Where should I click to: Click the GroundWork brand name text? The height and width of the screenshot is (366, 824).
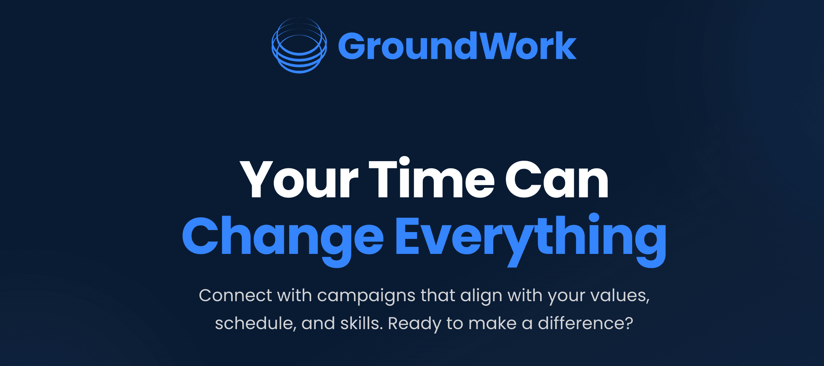(457, 46)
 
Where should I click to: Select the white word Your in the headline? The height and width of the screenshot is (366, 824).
(299, 179)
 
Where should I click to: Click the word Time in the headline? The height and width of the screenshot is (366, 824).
(431, 178)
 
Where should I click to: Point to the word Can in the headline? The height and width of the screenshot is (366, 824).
(557, 179)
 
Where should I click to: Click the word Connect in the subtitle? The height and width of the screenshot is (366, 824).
(235, 296)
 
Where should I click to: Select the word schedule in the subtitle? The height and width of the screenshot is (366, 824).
(256, 323)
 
